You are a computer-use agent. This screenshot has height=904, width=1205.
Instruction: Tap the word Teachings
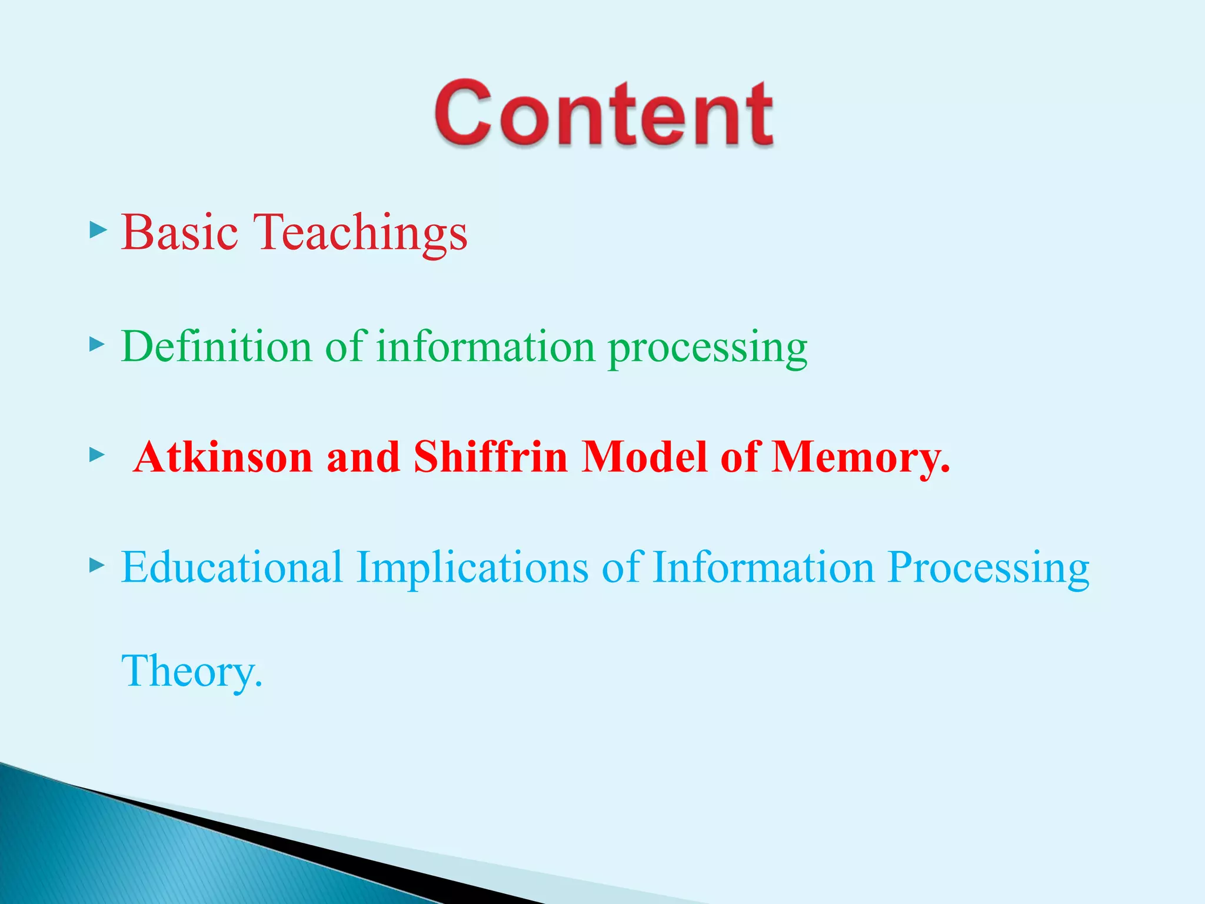click(360, 233)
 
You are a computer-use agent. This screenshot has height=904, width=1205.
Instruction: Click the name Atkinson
click(223, 457)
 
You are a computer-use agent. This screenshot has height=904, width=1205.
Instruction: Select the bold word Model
click(644, 457)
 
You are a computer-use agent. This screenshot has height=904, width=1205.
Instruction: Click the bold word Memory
click(860, 458)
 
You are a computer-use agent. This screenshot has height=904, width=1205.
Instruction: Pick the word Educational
click(232, 567)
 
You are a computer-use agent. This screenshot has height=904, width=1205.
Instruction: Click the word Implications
click(472, 569)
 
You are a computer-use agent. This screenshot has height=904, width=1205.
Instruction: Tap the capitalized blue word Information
click(763, 567)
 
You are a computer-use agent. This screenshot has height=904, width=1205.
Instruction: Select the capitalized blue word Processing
click(988, 569)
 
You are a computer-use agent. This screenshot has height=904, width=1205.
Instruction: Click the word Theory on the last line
click(191, 671)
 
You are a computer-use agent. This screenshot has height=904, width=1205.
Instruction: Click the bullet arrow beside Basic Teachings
click(97, 230)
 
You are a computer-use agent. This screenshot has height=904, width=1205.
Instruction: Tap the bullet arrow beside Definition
click(97, 344)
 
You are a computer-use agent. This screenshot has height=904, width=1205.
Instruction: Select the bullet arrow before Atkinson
click(97, 454)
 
